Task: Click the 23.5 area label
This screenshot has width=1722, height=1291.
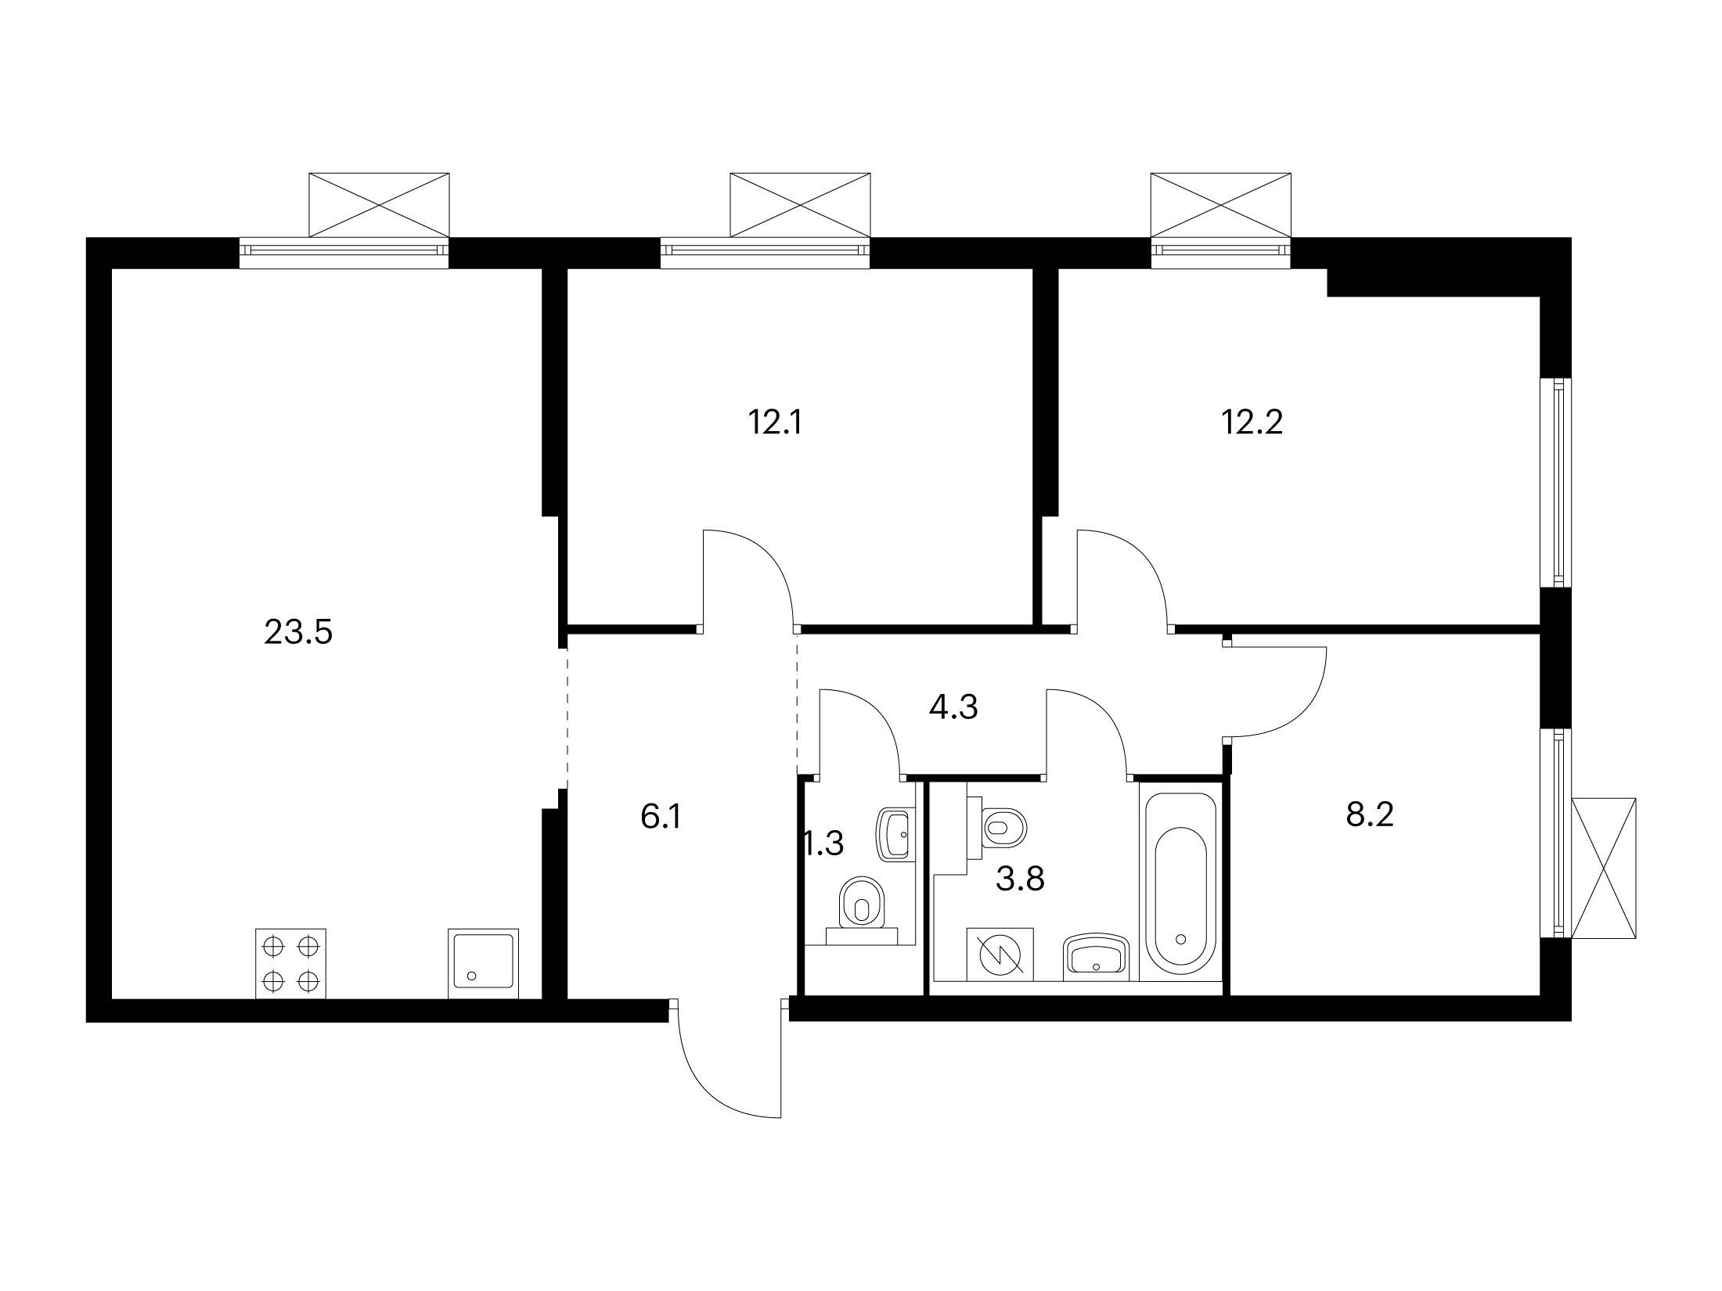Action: (x=298, y=632)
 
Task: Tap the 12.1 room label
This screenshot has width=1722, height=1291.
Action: (x=776, y=423)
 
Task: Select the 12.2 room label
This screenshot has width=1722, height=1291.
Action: (x=1252, y=423)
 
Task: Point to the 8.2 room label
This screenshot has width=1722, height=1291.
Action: (x=1371, y=815)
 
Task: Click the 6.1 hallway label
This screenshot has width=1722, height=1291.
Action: (x=661, y=818)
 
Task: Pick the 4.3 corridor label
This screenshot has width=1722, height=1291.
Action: (x=953, y=708)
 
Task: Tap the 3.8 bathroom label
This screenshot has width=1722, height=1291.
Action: (x=1021, y=879)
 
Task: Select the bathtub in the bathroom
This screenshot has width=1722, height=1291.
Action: (x=1180, y=883)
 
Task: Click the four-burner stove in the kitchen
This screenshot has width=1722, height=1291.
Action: (x=291, y=964)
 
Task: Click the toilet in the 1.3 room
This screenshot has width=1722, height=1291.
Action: (x=861, y=912)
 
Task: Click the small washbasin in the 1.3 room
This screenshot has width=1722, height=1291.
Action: (x=897, y=835)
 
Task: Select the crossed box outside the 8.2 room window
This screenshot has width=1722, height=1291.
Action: (x=1604, y=867)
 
